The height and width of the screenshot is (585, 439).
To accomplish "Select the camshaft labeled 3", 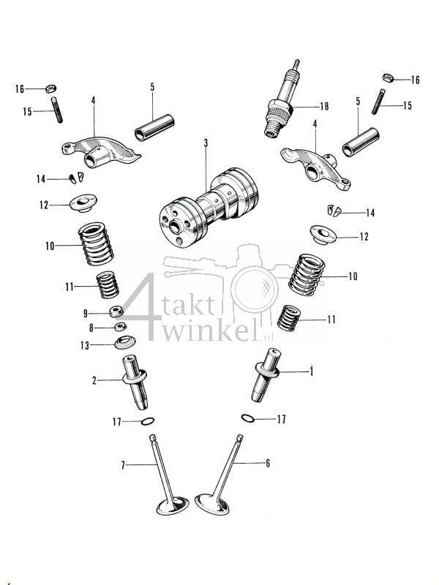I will (x=209, y=208).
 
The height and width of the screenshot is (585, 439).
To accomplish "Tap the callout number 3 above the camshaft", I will (x=206, y=143).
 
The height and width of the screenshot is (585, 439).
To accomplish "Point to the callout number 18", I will (x=323, y=105).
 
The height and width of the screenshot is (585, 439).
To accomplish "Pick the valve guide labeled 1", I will (x=266, y=375).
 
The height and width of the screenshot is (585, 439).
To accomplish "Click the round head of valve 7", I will (x=171, y=506).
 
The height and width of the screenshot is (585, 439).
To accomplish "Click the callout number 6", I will (x=268, y=464).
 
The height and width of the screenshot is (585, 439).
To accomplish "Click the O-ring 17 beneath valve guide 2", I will (x=146, y=422).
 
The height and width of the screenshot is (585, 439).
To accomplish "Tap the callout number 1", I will (x=311, y=372).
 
